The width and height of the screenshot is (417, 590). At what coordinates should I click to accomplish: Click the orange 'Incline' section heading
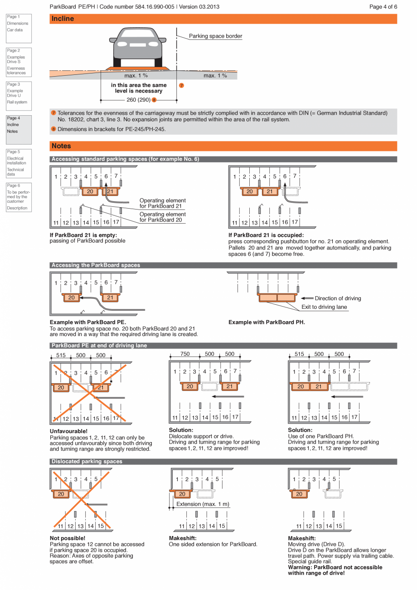coord(63,19)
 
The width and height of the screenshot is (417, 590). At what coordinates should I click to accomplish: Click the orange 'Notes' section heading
coord(61,146)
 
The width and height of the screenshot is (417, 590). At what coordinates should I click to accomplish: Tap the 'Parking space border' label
coord(215,36)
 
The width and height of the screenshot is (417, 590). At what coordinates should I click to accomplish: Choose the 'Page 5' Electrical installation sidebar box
coord(19,163)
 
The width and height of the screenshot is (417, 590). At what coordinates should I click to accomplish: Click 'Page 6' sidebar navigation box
coord(19,197)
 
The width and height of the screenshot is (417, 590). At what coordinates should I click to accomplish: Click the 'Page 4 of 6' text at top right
coord(383,7)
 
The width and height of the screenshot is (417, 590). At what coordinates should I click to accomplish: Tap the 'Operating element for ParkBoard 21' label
coord(162,203)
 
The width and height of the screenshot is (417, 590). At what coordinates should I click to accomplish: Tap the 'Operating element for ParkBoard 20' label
coord(162,217)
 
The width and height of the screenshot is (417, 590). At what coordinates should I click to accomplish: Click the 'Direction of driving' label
coord(338,298)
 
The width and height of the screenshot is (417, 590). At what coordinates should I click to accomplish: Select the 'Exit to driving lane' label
coord(324,307)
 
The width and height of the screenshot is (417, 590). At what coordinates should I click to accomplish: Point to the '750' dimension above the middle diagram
coord(185,354)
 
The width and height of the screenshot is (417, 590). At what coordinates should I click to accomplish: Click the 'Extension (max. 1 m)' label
coord(203,504)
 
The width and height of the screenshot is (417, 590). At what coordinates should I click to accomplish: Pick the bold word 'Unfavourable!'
coord(68,430)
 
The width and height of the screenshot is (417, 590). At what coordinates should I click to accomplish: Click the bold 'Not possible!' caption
coord(68,538)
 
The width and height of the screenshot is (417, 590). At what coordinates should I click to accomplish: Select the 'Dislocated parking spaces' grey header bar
coord(87,462)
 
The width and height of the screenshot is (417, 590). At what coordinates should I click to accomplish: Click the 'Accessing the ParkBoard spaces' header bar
coord(96,265)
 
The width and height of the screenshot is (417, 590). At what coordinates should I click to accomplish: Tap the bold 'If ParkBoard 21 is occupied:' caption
coord(266,235)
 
